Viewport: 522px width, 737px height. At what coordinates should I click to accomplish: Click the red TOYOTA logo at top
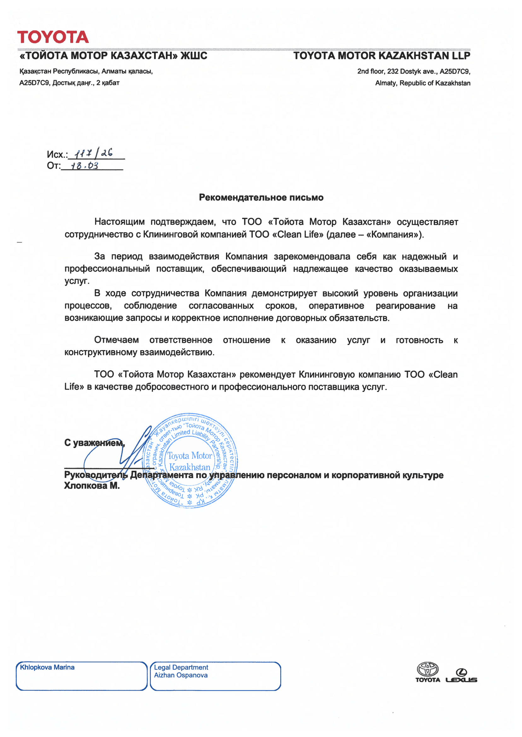[53, 37]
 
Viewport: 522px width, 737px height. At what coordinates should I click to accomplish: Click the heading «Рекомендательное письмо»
[261, 197]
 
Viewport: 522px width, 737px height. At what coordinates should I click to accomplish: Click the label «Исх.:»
[57, 154]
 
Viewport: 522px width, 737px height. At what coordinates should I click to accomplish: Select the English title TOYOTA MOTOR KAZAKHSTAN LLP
[381, 56]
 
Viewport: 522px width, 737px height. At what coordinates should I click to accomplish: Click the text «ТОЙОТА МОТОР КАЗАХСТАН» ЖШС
[113, 56]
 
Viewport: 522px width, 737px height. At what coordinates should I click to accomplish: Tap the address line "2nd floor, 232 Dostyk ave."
[414, 71]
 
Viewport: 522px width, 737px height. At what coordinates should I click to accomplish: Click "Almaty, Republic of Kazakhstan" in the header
[423, 83]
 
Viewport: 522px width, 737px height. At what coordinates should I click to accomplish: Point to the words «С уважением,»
[94, 443]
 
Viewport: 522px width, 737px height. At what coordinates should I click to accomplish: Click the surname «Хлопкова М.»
[92, 486]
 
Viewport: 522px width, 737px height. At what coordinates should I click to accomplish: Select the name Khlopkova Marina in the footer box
[47, 667]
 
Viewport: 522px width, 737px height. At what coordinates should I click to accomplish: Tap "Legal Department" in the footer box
[181, 667]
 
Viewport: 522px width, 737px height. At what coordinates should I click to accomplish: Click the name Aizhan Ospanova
[181, 675]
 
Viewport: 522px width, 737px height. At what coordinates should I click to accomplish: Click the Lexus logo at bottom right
[461, 676]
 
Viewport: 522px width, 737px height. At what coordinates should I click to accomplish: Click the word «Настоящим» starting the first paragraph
[119, 222]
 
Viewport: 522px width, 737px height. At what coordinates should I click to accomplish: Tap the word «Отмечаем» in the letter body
[116, 340]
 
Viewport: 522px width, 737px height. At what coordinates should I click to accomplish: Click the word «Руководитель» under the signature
[96, 475]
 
